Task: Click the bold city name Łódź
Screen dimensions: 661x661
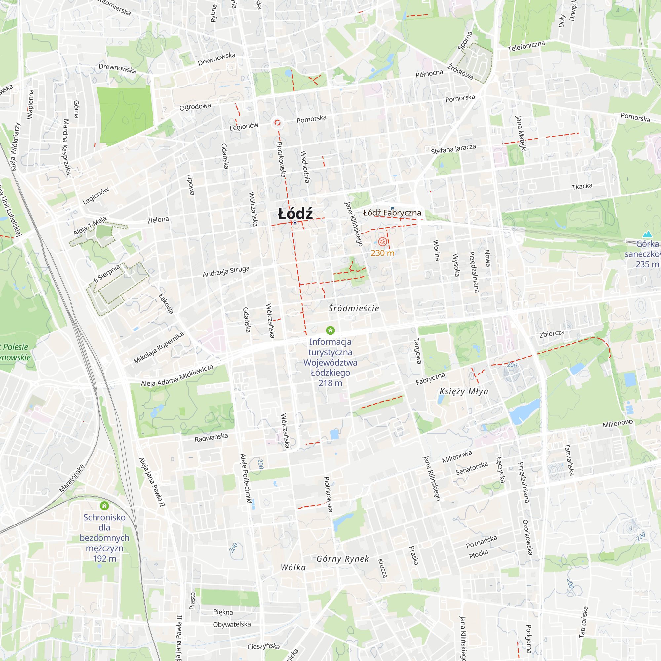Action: [295, 214]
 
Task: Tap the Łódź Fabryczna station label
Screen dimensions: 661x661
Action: [392, 213]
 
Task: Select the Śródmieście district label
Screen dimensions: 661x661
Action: [354, 308]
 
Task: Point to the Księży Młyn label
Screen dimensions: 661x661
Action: [464, 391]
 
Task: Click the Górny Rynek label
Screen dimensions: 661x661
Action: [342, 559]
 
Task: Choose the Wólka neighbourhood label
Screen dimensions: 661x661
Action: [293, 567]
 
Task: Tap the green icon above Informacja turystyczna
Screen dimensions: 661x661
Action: [330, 330]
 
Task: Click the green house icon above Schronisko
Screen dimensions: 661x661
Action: [104, 506]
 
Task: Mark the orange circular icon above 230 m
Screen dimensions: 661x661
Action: [382, 242]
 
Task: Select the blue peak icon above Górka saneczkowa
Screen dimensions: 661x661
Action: [647, 234]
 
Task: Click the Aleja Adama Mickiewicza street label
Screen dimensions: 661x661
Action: [177, 376]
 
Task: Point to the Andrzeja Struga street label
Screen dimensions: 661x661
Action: [226, 272]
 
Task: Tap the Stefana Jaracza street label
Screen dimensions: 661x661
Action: [453, 149]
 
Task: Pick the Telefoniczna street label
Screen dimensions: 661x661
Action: [526, 46]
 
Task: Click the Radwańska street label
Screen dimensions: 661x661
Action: [211, 437]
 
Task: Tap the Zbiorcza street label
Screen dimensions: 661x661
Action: [552, 334]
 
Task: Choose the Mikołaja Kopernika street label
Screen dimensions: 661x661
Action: [159, 348]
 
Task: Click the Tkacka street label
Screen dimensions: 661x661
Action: [582, 186]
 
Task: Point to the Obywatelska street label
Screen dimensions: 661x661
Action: [232, 624]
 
